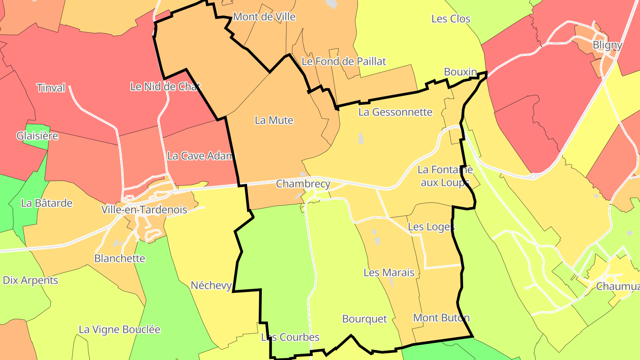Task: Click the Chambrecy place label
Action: click(303, 184)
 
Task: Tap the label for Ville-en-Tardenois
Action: click(144, 209)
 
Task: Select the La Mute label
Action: click(274, 120)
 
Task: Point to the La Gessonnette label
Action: click(395, 112)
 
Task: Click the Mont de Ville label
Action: click(264, 17)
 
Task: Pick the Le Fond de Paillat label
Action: click(344, 61)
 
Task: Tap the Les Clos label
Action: click(451, 19)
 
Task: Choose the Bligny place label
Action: click(607, 45)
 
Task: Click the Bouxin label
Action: click(460, 72)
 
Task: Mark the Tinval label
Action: click(51, 88)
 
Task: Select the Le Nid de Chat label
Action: click(165, 87)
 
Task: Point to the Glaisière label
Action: click(37, 136)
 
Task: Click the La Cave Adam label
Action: click(200, 156)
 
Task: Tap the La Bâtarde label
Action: click(47, 203)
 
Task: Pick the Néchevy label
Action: click(211, 285)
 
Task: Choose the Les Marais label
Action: click(389, 272)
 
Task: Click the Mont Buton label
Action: click(441, 318)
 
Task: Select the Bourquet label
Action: click(364, 319)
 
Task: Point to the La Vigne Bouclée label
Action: click(120, 329)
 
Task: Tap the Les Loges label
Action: click(431, 227)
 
